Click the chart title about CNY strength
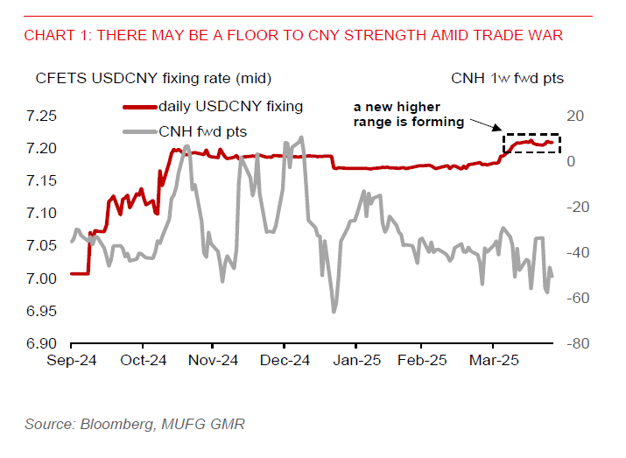pos(293,36)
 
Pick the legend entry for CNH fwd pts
pos(202,131)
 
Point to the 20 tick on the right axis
pos(574,116)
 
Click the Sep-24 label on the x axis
pos(70,360)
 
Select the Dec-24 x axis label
pos(285,360)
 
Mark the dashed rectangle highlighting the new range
pos(531,144)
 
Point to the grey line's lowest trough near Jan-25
pos(334,311)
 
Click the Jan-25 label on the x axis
pos(355,360)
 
